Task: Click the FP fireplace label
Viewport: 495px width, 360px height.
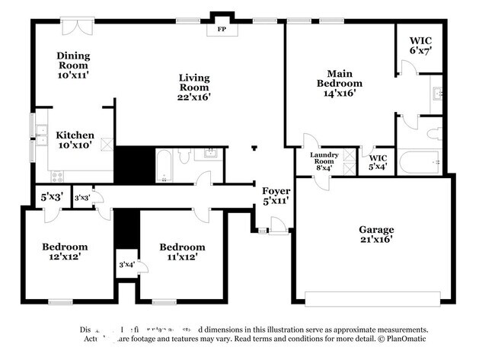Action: [x=222, y=30]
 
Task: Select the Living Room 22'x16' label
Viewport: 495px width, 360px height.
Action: [x=193, y=87]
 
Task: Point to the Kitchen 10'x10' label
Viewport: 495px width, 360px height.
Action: [x=75, y=140]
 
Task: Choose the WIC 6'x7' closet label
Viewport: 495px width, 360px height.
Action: [x=420, y=46]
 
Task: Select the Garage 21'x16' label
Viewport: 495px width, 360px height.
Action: [x=376, y=234]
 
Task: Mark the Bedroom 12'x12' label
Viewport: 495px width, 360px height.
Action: [x=65, y=252]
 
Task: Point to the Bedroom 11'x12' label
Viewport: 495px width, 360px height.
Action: [x=182, y=252]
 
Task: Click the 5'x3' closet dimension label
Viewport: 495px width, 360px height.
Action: [x=52, y=197]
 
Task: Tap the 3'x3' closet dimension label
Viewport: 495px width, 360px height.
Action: [x=82, y=198]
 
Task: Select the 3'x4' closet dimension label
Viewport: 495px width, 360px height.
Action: [x=126, y=265]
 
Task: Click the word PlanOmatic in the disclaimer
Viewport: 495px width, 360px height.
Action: [x=404, y=339]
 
